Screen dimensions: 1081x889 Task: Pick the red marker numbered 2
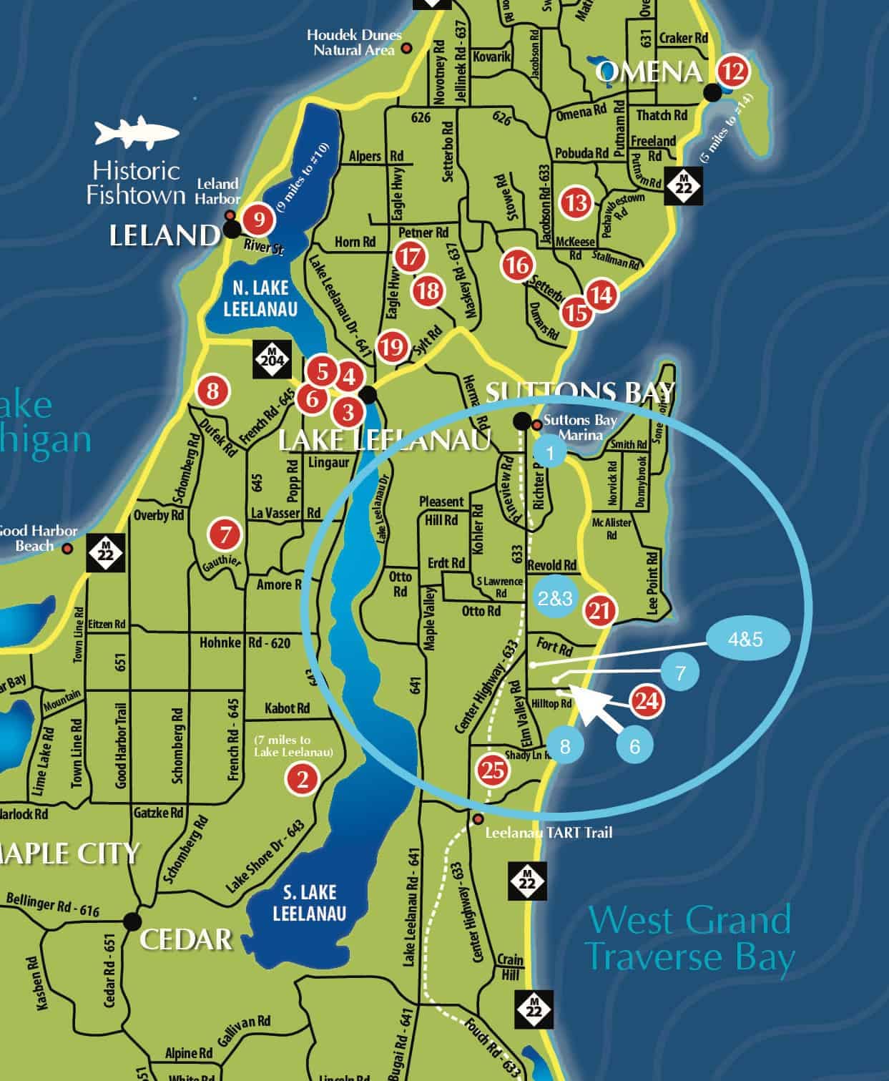coord(303,778)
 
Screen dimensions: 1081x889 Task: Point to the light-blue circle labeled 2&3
coord(555,598)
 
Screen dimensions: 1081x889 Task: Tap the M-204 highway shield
coord(271,358)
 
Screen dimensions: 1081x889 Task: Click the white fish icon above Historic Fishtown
coord(136,132)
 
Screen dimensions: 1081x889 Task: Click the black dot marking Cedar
coord(132,920)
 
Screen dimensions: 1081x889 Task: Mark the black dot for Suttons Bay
coord(522,421)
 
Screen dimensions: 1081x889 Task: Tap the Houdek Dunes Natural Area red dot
coord(407,49)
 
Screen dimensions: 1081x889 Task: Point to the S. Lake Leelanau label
coord(309,903)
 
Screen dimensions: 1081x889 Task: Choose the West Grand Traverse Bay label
coord(690,938)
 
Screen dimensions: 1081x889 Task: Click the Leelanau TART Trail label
coord(548,832)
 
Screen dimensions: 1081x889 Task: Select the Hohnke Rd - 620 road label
coord(245,643)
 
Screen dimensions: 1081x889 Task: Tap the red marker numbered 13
coord(576,202)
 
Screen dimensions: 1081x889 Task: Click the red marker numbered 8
coord(213,391)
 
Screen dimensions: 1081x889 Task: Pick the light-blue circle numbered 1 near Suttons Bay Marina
coord(550,453)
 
